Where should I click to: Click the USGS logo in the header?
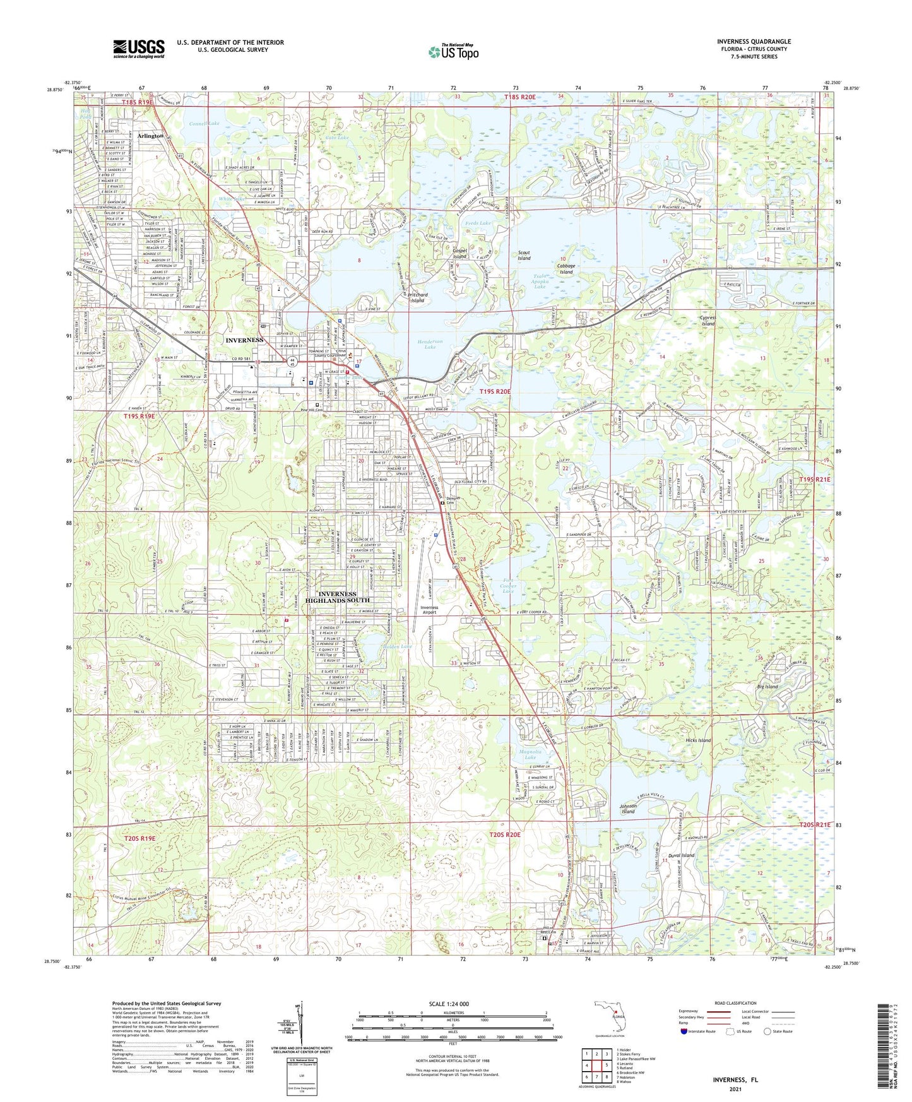(x=139, y=49)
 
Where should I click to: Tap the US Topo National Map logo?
(x=453, y=52)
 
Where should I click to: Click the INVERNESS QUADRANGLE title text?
(x=754, y=42)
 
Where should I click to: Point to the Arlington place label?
(x=151, y=136)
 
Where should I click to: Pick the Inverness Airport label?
(x=429, y=610)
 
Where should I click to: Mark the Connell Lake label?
(x=203, y=124)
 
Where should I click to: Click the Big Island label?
(x=767, y=686)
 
